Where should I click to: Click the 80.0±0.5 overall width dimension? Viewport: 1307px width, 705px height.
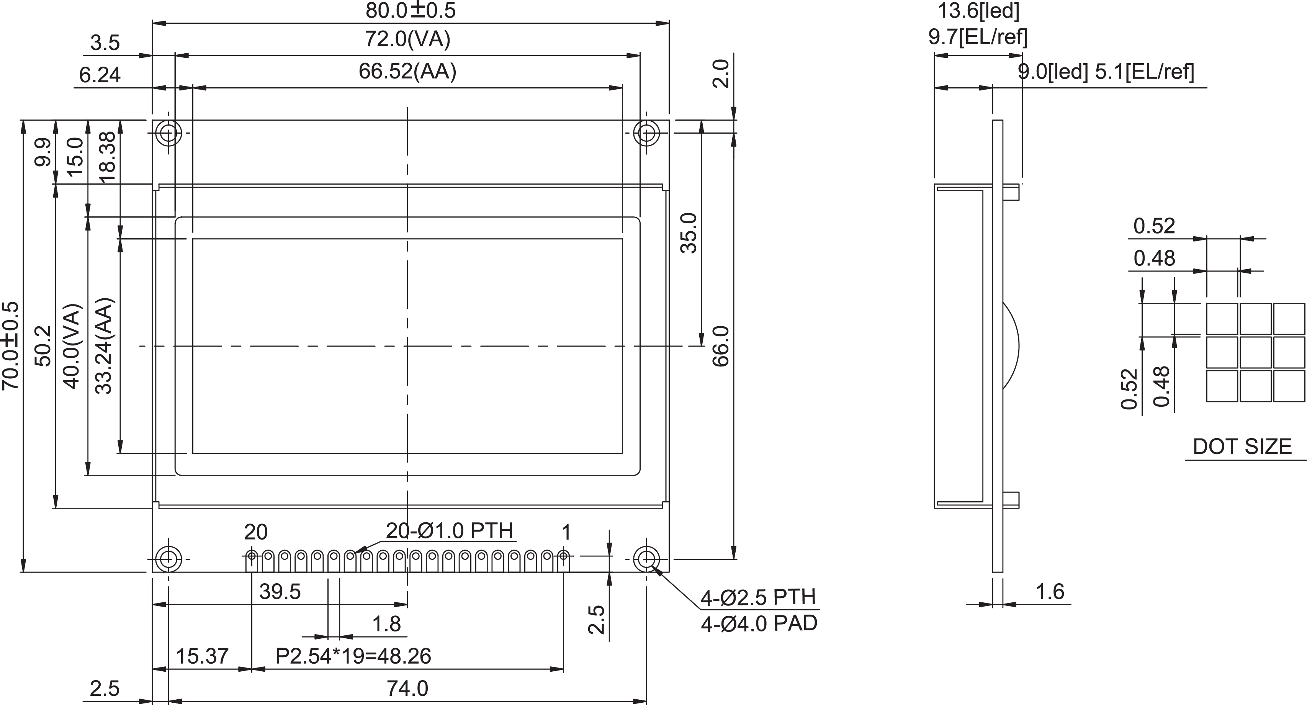411,10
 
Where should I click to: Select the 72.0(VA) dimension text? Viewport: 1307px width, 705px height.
407,39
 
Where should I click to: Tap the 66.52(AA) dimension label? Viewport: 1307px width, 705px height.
407,72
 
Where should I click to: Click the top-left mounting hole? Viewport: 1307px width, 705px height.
168,133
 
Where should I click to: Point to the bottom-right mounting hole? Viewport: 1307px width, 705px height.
646,559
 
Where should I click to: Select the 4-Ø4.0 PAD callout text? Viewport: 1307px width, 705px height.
759,624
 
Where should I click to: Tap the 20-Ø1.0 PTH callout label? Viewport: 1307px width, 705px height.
450,530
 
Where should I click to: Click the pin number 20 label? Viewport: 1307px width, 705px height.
256,532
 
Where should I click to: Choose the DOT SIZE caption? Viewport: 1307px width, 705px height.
1242,447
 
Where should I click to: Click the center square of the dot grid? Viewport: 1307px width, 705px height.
1256,352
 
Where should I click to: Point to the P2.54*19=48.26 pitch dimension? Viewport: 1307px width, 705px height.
353,656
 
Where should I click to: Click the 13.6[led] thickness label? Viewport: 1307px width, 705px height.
978,11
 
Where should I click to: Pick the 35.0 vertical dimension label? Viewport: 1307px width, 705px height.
689,233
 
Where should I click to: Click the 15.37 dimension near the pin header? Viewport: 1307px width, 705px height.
202,656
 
